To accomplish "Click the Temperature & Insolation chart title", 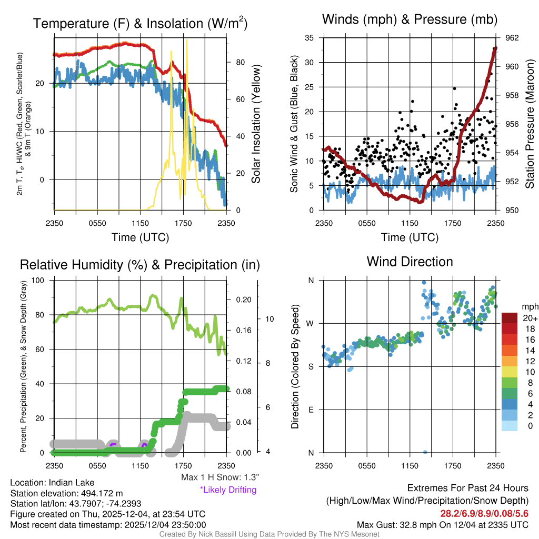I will [x=140, y=23].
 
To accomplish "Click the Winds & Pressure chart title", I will [x=410, y=20].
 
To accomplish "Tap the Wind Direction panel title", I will [x=410, y=262].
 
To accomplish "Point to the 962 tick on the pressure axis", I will [x=512, y=38].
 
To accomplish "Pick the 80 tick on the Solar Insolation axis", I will [x=240, y=62].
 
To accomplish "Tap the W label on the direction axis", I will [x=311, y=323].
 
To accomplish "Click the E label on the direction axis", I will [x=311, y=410].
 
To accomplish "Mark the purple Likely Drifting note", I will [x=228, y=490].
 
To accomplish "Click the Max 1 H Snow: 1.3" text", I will [x=219, y=477].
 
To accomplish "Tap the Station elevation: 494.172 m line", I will [x=66, y=493].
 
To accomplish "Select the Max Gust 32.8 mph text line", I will [x=442, y=524].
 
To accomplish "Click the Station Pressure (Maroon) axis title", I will [x=530, y=124].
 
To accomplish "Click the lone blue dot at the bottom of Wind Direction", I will [x=425, y=452].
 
